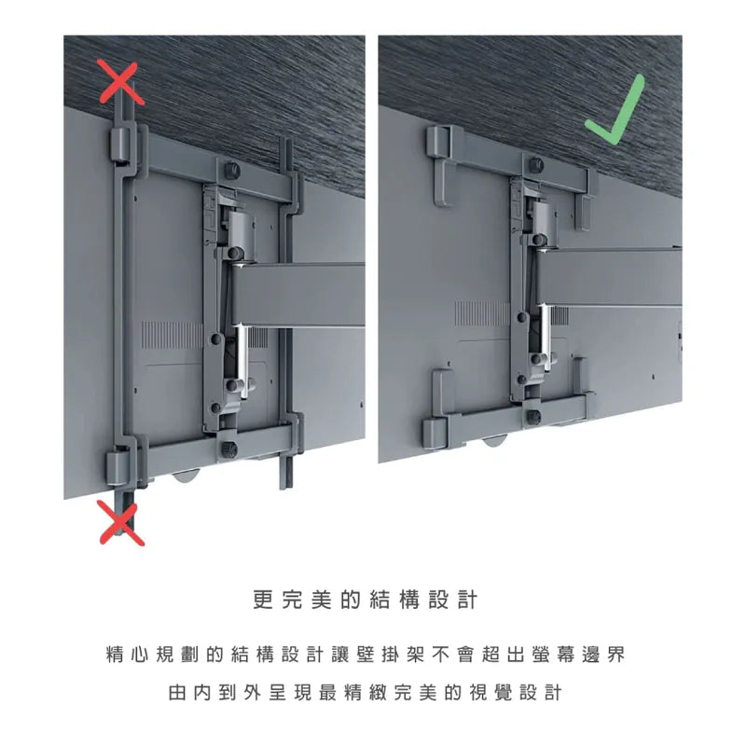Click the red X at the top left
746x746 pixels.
(x=120, y=83)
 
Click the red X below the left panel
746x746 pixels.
(x=121, y=522)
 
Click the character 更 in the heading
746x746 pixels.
(x=264, y=600)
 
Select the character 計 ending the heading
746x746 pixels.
(x=467, y=600)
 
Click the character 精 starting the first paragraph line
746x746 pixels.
(x=115, y=655)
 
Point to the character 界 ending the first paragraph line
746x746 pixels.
(x=615, y=655)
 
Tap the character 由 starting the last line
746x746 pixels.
(x=177, y=692)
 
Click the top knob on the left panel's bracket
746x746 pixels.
(x=231, y=170)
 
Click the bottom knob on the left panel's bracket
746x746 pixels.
(x=229, y=449)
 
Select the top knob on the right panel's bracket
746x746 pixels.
(x=536, y=165)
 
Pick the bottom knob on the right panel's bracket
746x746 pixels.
(x=532, y=417)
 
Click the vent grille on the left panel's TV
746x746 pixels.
(x=173, y=335)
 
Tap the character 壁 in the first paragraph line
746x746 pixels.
(x=365, y=655)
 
